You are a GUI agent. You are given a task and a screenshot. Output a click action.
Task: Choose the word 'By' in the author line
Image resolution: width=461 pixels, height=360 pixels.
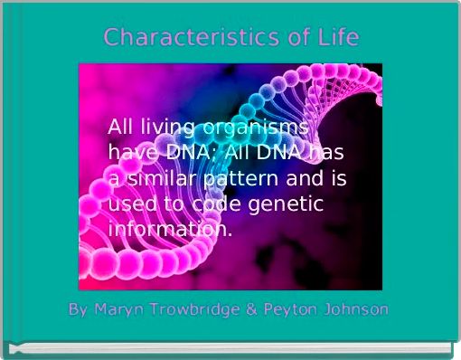[79, 309]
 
